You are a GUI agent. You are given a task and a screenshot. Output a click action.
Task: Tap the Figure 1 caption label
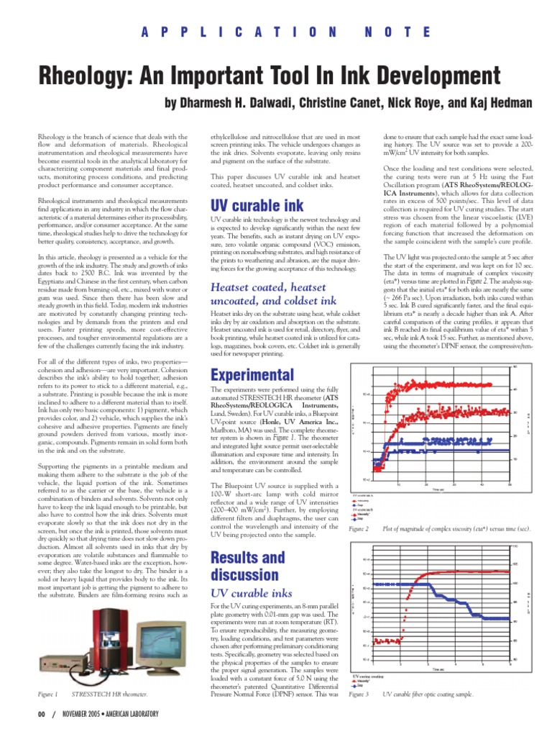point(47,694)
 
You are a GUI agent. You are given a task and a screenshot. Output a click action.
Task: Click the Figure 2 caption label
point(359,529)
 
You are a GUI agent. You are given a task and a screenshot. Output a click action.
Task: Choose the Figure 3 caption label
point(359,695)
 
